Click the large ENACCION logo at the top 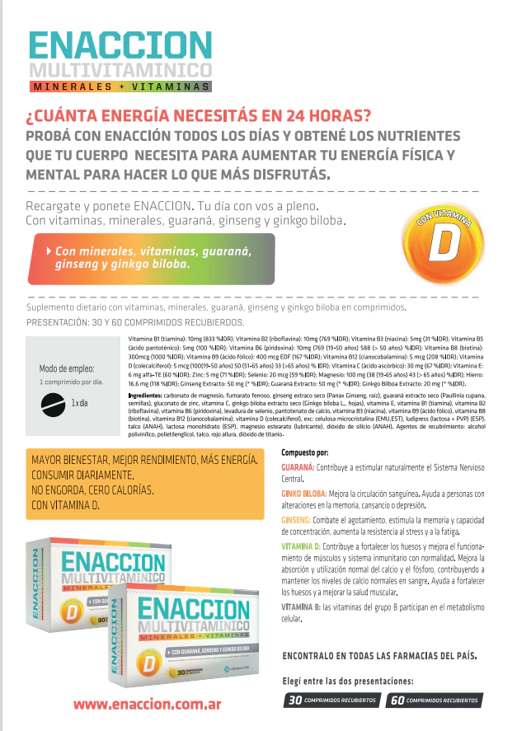coord(120,45)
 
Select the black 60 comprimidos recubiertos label coord(434,701)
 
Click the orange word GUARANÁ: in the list coord(298,467)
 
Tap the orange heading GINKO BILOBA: coord(303,494)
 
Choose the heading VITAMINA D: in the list coord(301,546)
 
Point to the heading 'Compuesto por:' coord(304,452)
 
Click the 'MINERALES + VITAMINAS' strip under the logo coord(120,86)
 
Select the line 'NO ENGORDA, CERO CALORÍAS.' coord(92,490)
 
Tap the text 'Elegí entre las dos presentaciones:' coord(347,681)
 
